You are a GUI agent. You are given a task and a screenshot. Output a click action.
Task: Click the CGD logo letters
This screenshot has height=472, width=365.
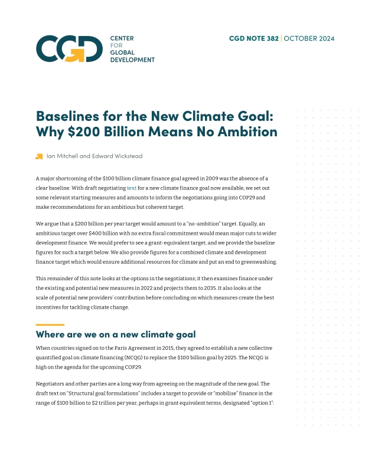click(x=68, y=49)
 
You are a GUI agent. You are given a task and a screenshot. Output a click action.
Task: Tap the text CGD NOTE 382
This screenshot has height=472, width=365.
click(x=254, y=39)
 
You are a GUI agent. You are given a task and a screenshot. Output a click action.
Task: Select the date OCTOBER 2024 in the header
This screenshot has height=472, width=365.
click(x=309, y=39)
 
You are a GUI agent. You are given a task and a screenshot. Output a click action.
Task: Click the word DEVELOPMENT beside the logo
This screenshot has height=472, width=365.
click(x=132, y=60)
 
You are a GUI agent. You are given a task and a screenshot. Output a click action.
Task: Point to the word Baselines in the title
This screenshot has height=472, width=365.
click(x=67, y=115)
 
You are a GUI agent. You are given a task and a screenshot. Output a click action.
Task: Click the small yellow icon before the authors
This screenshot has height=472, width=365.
click(x=39, y=156)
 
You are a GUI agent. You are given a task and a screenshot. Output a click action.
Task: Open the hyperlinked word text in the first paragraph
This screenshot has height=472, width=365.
click(x=131, y=188)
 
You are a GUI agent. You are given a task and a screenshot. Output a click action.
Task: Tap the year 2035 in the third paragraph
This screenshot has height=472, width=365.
click(x=209, y=288)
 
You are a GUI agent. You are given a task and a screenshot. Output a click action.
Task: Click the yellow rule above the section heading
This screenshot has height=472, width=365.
click(x=50, y=324)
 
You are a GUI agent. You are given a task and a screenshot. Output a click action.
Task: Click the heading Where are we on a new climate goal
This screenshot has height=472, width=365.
click(x=115, y=335)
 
